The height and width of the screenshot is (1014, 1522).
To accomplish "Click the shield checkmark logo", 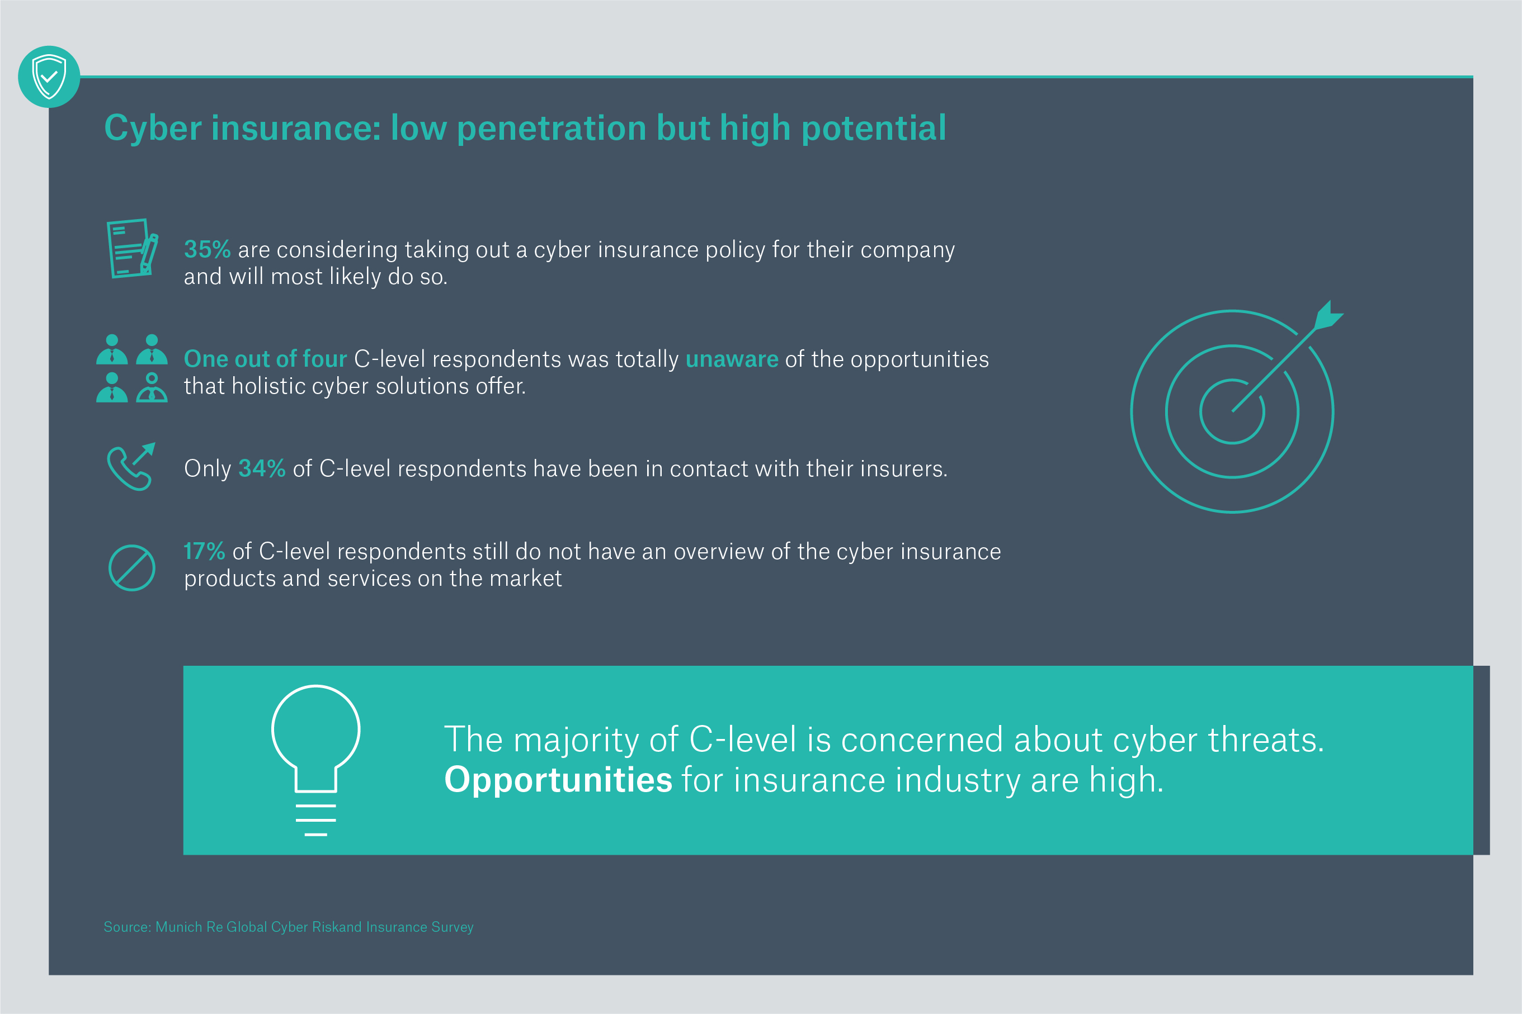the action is pos(49,77).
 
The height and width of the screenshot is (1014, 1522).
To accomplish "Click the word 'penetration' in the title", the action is pos(552,129).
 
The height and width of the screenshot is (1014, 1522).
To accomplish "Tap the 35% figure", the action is pos(207,250).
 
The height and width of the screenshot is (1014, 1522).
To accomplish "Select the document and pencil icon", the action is pos(132,248).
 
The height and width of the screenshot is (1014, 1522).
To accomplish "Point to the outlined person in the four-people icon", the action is pos(152,387).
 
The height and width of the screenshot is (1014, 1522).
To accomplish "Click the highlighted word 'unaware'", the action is pos(732,359).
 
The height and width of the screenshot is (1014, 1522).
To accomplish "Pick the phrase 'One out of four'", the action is pos(265,359).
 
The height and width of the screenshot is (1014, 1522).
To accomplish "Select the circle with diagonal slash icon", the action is pos(132,568).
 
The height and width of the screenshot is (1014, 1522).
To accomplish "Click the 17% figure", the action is pos(205,552).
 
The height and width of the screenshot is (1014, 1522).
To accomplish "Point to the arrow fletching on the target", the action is pos(1328,316).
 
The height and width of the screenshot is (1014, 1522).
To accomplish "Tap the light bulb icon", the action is pos(316,760).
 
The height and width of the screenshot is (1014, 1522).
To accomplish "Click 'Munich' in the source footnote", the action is pos(179,927).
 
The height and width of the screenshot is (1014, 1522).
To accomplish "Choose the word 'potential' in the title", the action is pos(874,129).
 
